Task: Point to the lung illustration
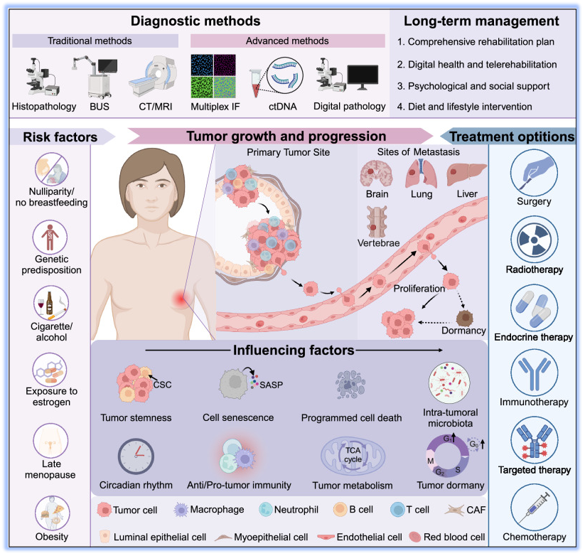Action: click(418, 173)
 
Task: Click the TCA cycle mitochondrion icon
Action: click(353, 456)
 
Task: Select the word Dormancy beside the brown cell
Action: click(462, 331)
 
